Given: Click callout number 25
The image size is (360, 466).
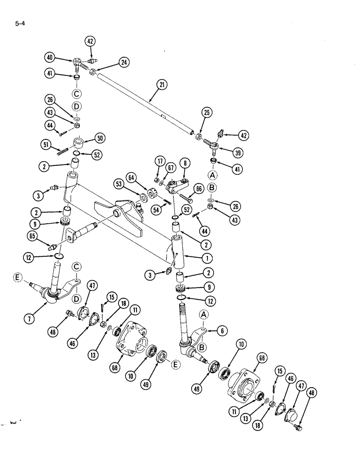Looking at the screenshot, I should [207, 112].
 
